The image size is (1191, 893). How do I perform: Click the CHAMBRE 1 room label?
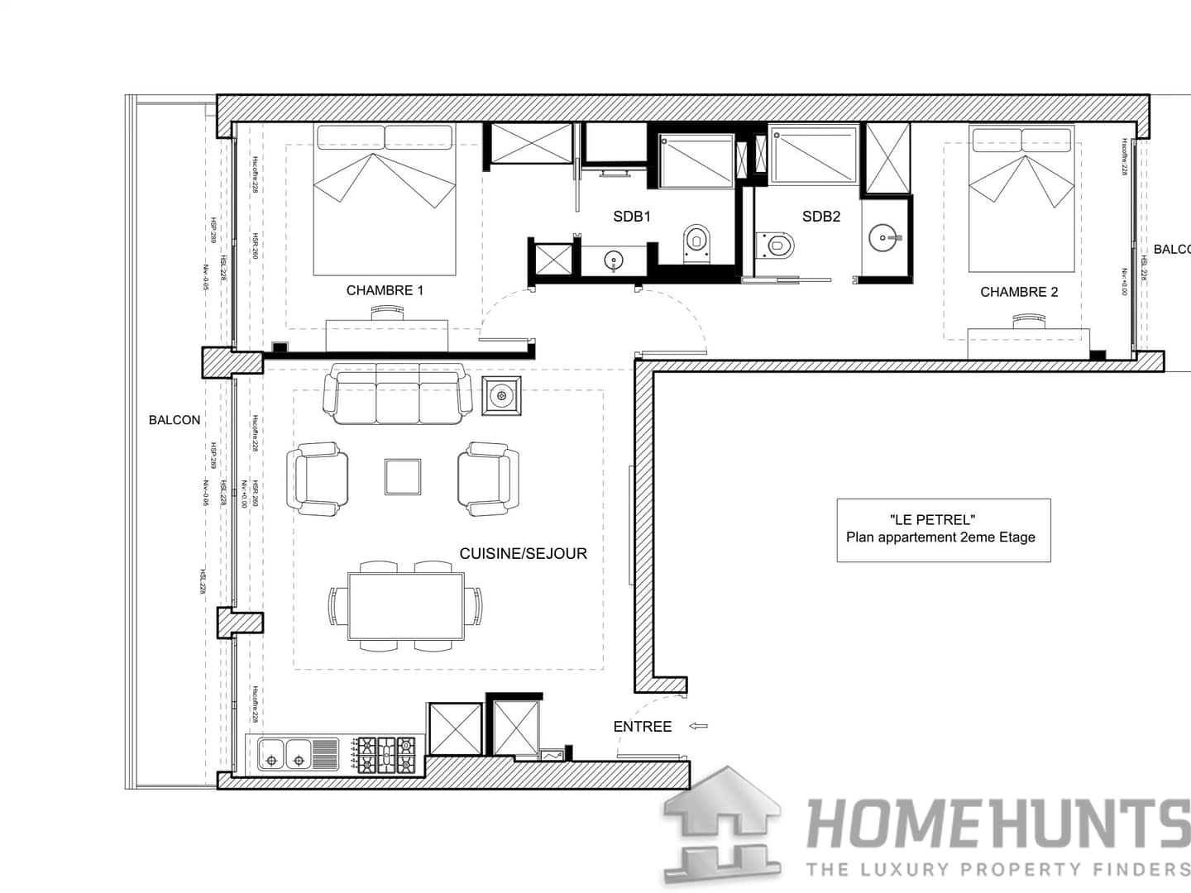385,290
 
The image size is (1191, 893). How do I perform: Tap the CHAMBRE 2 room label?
1019,292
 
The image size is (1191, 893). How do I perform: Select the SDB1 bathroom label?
632,217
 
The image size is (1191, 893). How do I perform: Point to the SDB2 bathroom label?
820,217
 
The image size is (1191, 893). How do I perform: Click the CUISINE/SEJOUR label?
523,554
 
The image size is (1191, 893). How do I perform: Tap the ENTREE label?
642,727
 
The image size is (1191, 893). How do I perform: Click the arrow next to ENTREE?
699,726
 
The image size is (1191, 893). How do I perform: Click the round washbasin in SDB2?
886,238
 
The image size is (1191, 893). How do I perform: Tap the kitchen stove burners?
386,755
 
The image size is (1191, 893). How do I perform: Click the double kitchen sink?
285,753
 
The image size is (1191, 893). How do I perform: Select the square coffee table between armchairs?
403,477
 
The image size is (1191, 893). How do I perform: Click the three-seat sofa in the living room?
397,394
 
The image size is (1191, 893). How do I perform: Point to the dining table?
405,605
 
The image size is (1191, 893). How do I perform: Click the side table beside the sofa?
501,395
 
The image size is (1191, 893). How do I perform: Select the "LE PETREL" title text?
932,519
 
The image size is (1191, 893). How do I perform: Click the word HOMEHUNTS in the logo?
997,824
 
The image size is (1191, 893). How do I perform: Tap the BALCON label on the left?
175,420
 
